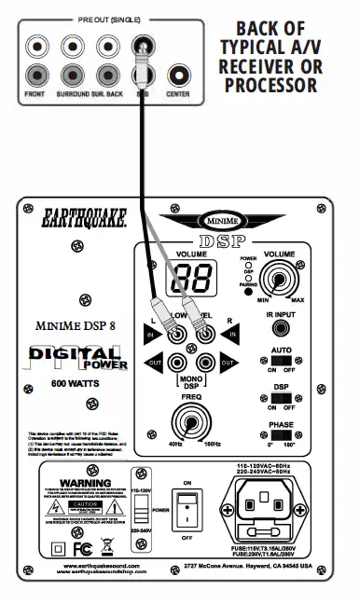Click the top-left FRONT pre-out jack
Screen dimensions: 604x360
pos(35,43)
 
